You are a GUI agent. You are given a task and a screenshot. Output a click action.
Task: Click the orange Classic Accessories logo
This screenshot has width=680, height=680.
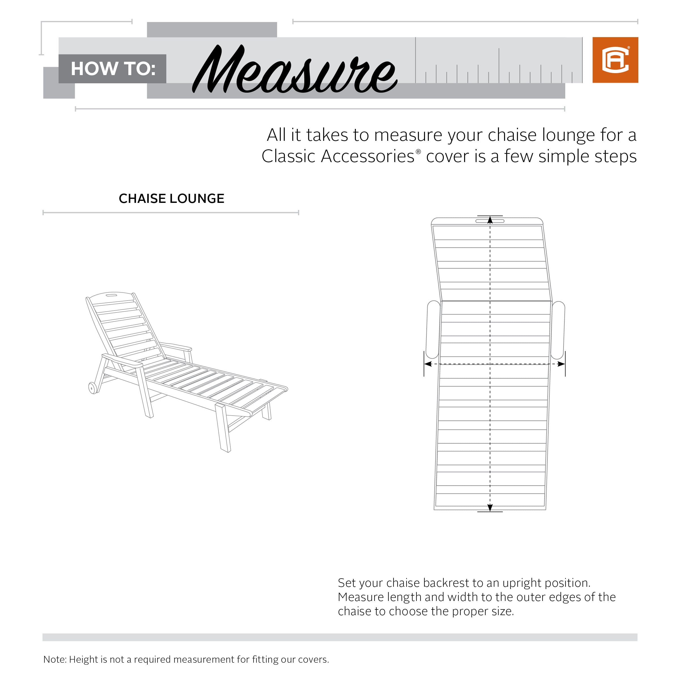615,60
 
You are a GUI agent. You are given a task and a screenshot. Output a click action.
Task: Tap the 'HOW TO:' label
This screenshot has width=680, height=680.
113,69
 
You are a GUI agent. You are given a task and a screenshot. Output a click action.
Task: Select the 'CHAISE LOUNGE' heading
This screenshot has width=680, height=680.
171,199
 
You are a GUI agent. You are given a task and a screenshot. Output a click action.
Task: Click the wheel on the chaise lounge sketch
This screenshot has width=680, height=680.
93,388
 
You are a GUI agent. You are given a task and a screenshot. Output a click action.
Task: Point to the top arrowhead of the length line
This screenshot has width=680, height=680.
490,220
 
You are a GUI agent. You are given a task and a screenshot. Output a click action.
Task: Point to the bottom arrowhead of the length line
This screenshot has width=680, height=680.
490,507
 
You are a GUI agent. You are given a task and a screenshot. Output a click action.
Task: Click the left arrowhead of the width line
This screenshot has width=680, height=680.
428,364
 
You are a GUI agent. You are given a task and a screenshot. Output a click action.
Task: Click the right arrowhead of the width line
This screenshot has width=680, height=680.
561,364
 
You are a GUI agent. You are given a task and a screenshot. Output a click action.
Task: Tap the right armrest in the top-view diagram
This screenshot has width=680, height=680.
558,330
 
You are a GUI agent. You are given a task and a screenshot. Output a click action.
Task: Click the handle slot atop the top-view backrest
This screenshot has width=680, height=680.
490,221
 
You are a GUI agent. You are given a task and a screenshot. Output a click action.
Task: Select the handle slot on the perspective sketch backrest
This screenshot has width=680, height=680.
112,295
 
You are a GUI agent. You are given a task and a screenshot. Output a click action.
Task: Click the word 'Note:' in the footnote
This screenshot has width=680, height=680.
55,659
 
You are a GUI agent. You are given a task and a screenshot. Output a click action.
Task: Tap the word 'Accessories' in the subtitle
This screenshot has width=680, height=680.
367,156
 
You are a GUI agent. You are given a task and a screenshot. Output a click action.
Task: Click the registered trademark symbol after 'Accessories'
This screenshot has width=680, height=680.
418,152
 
